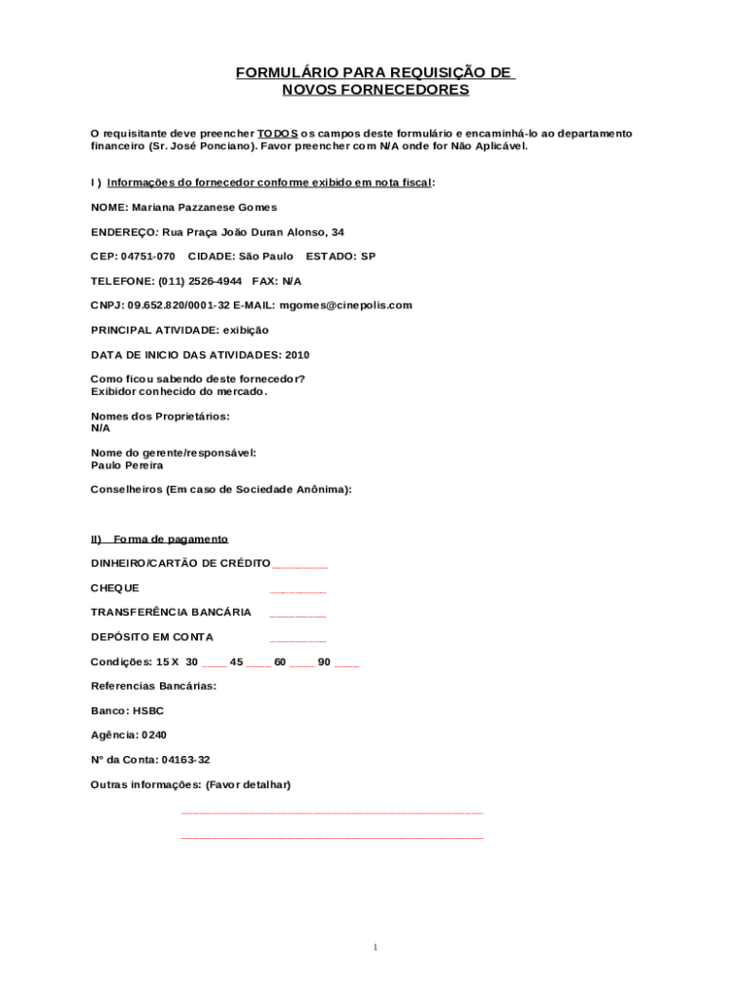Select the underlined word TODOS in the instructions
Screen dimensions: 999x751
coord(278,133)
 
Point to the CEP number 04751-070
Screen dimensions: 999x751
coord(148,256)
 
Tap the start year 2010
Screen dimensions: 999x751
coord(296,354)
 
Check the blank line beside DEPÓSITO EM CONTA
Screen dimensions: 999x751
coord(297,640)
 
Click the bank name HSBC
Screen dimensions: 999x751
coord(148,711)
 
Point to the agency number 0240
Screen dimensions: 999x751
coord(154,736)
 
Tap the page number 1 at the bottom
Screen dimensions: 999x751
coord(375,947)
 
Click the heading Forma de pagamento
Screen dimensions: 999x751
coord(171,539)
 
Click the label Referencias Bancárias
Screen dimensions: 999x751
coord(153,686)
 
